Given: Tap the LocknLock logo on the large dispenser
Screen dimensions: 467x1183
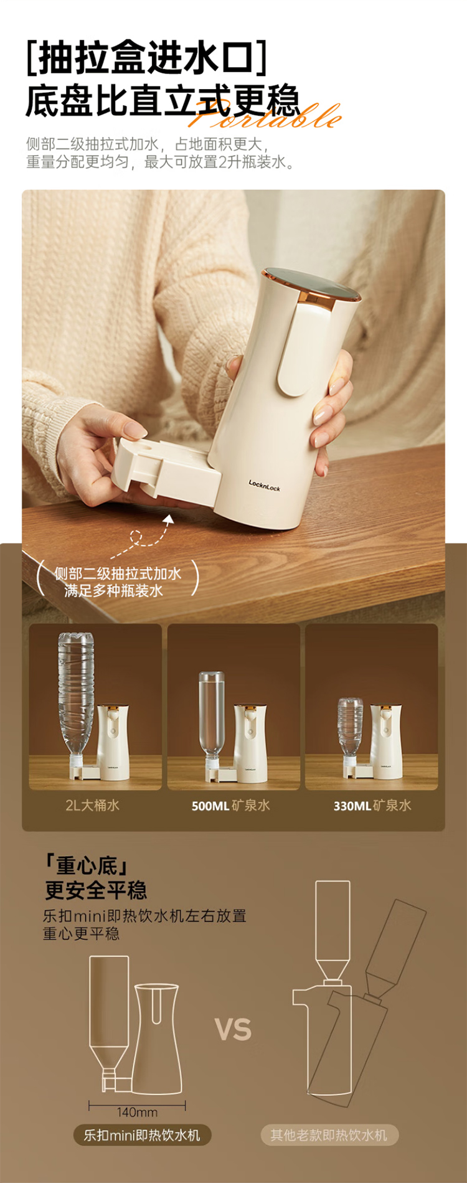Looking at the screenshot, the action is pos(264,484).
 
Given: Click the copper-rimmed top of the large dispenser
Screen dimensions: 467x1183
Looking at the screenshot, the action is pos(311,285).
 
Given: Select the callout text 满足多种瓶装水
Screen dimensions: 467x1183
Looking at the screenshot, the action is pos(113,590).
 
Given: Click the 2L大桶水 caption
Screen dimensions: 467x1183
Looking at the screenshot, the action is pos(92,805).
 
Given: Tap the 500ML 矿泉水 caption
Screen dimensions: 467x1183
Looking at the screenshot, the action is pos(230,805).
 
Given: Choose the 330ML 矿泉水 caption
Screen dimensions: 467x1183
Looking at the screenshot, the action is pos(372,805).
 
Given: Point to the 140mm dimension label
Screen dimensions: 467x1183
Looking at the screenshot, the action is pos(137,1112).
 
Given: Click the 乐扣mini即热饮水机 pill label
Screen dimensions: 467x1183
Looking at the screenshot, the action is pos(142,1135).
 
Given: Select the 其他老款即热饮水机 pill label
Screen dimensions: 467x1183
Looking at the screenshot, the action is pos(329,1135).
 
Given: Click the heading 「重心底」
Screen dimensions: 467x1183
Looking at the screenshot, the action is pos(87,865).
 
